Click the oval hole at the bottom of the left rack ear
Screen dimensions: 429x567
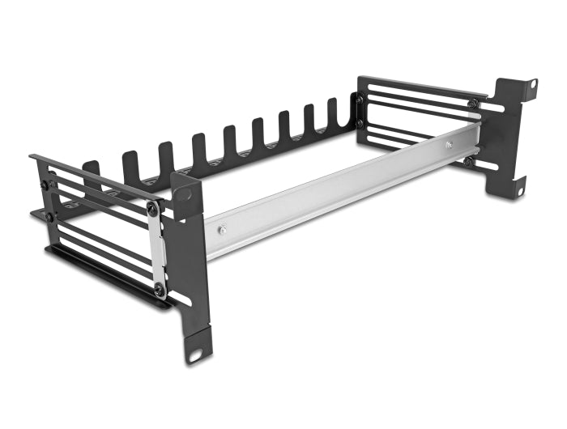click(195, 355)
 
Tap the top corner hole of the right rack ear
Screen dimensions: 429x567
click(533, 84)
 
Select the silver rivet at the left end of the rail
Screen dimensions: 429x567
click(220, 231)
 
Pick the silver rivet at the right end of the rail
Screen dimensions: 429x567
click(448, 146)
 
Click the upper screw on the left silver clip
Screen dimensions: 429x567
click(154, 210)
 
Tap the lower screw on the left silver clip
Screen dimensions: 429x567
click(160, 289)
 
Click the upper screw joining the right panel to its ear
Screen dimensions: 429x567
click(472, 104)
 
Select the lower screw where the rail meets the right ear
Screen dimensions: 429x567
click(468, 161)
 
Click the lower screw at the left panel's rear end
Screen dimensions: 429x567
click(49, 218)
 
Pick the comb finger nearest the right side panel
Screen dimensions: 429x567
click(333, 113)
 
